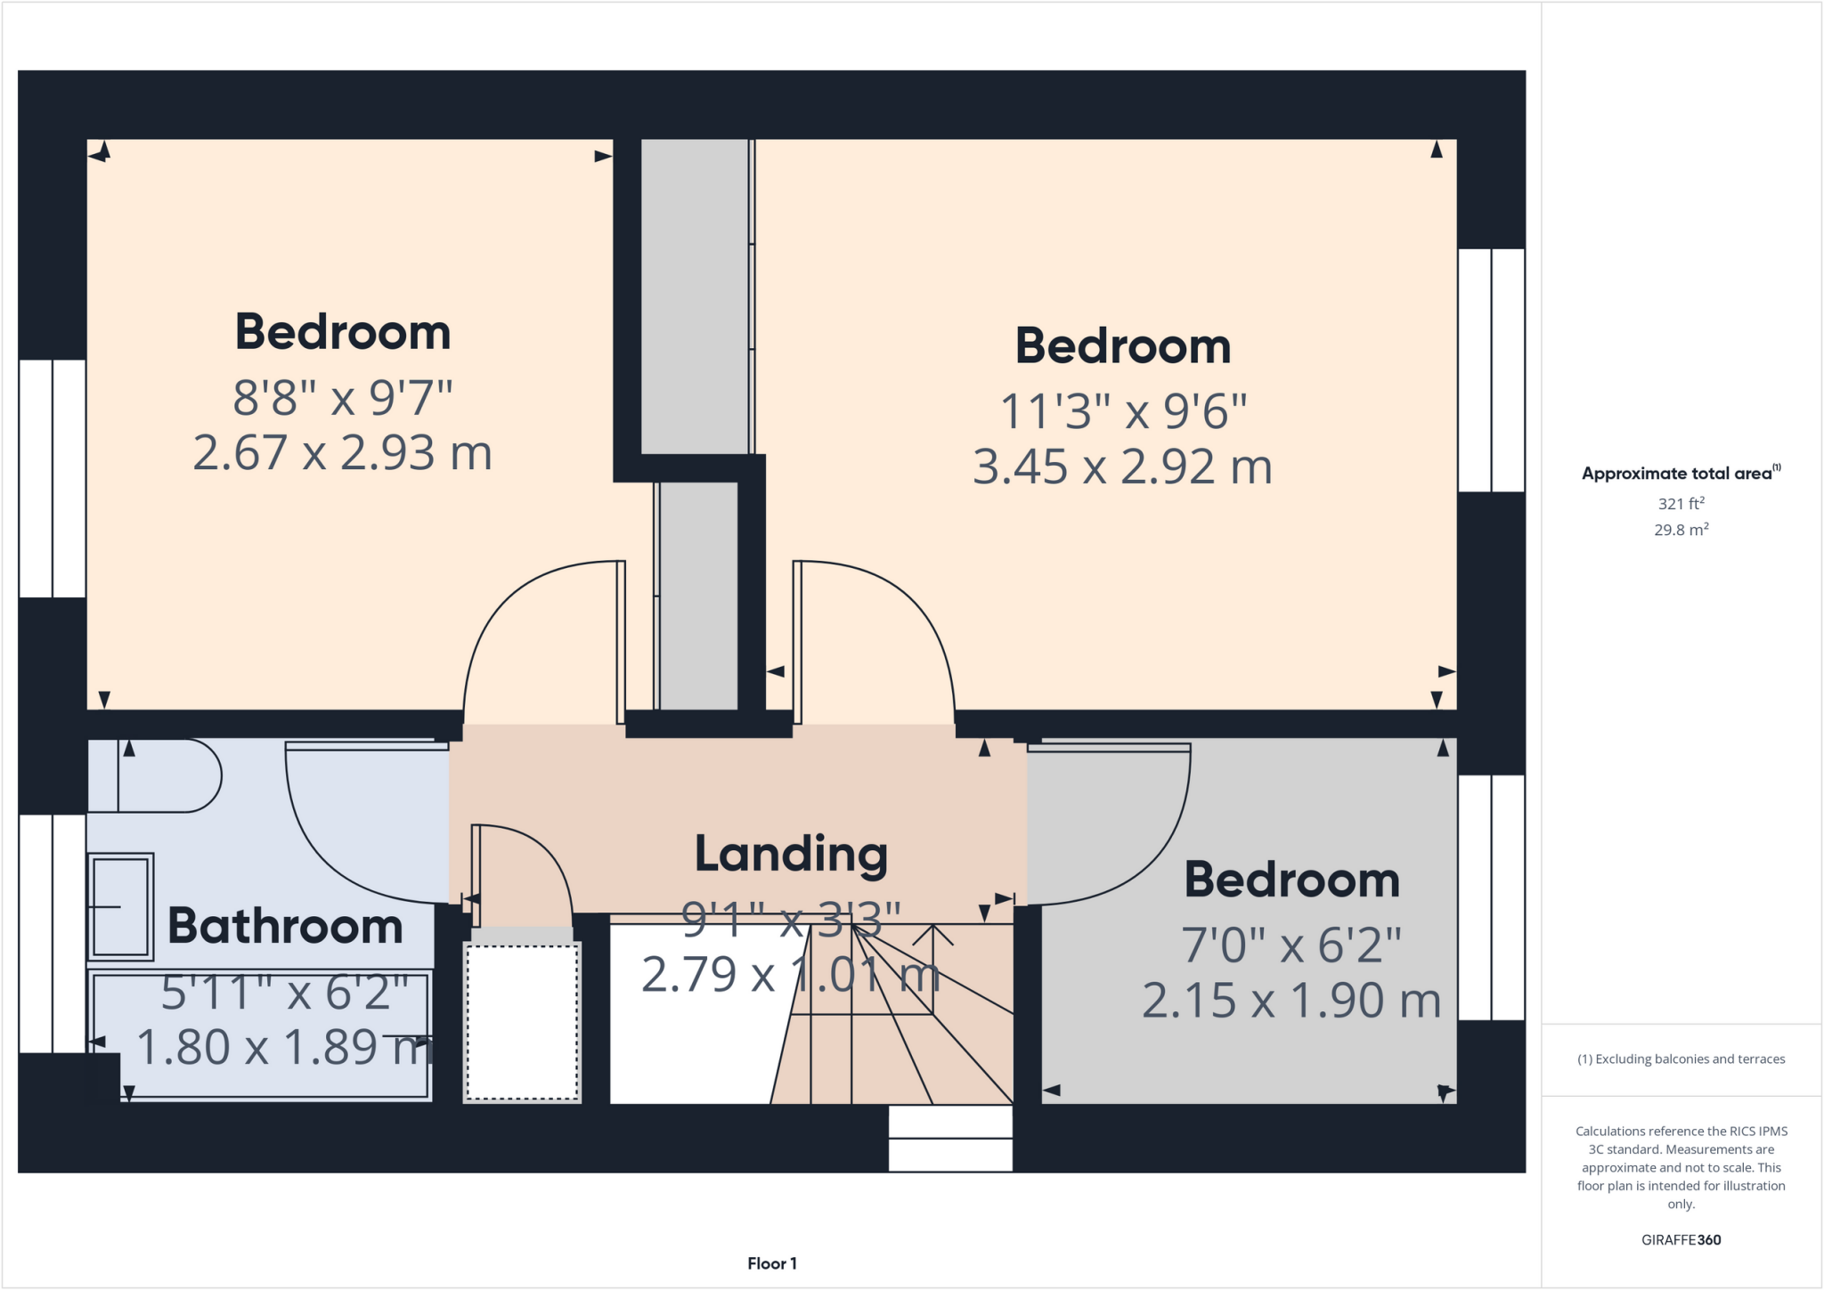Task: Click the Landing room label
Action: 791,854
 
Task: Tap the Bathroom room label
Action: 285,926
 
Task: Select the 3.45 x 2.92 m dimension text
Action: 1122,467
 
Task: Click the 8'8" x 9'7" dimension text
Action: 343,398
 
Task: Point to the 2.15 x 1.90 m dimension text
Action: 1291,1001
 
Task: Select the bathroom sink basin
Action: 120,906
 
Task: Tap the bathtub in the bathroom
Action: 261,1037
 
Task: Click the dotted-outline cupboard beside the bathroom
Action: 522,1022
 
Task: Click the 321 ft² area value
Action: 1681,504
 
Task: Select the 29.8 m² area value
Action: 1681,530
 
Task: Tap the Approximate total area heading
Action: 1679,474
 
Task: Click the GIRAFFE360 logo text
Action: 1681,1239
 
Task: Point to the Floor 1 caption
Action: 771,1263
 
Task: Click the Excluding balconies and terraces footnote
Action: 1681,1059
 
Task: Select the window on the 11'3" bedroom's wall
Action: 1491,370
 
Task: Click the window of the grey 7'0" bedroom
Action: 1491,897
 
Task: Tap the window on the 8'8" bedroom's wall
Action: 53,478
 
